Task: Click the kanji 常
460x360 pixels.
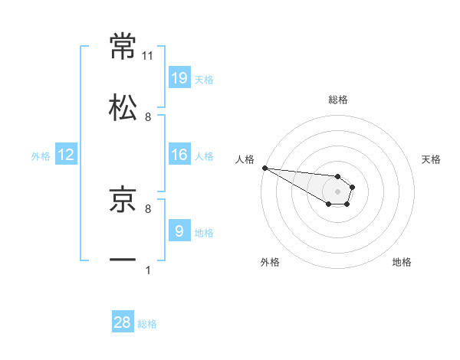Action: coord(123,46)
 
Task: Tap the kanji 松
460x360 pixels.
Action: coord(123,107)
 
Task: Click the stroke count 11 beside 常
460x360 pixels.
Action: coord(148,56)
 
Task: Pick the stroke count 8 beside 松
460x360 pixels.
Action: coord(148,117)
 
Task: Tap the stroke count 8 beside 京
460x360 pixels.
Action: coord(148,208)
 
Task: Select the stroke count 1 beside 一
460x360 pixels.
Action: coord(148,270)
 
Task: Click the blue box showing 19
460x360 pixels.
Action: coord(179,77)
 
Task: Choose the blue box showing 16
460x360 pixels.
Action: coord(179,155)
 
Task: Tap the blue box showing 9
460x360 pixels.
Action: coord(179,231)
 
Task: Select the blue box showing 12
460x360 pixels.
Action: coord(66,155)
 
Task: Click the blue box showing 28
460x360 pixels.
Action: coord(123,322)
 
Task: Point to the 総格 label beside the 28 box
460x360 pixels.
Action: coord(147,324)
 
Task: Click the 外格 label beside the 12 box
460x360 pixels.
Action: coord(41,156)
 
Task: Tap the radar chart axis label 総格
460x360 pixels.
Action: coord(338,100)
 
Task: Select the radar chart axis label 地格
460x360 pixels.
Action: coord(402,262)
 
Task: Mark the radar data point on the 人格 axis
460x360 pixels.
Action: coord(264,168)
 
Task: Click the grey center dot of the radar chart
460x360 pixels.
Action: coord(337,191)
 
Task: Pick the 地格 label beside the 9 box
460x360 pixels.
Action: coord(204,232)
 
